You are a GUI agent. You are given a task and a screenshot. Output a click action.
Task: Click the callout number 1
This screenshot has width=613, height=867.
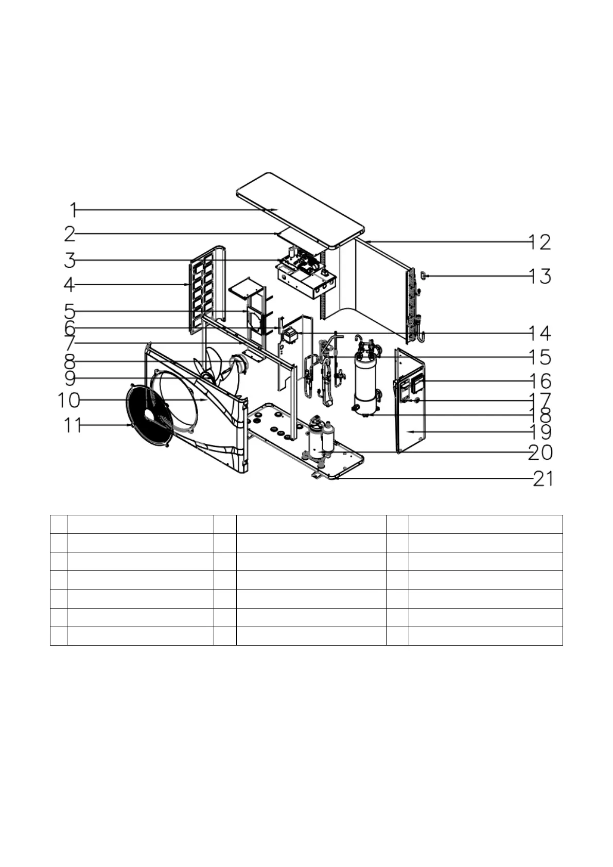pyautogui.click(x=73, y=210)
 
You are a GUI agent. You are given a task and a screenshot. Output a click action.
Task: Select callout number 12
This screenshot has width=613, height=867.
pyautogui.click(x=540, y=242)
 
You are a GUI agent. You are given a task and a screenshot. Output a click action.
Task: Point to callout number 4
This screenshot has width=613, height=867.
pyautogui.click(x=69, y=285)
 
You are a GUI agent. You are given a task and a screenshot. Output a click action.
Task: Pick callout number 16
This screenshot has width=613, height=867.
pyautogui.click(x=540, y=382)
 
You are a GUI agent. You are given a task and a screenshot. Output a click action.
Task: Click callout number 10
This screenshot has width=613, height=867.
pyautogui.click(x=69, y=400)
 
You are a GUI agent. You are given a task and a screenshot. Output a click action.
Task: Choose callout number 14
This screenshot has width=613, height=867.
pyautogui.click(x=540, y=333)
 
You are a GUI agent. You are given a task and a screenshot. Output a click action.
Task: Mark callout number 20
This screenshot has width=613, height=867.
pyautogui.click(x=540, y=453)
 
